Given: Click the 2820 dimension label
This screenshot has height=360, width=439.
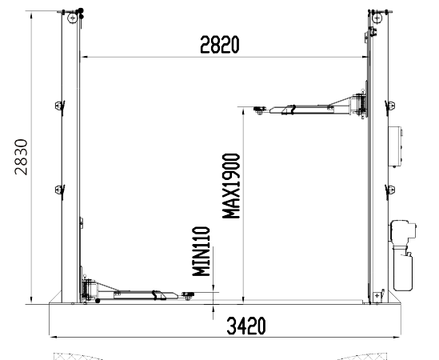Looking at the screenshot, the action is pyautogui.click(x=220, y=44).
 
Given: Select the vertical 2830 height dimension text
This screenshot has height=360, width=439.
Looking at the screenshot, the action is pyautogui.click(x=22, y=157).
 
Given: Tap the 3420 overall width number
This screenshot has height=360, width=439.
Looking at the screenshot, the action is pyautogui.click(x=245, y=326).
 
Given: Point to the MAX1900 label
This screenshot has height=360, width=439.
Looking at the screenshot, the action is pyautogui.click(x=231, y=186).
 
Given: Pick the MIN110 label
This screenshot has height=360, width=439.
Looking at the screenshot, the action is pyautogui.click(x=201, y=251).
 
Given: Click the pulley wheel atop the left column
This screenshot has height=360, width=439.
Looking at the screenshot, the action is pyautogui.click(x=73, y=18).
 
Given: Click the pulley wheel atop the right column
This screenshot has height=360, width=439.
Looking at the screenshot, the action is pyautogui.click(x=377, y=18).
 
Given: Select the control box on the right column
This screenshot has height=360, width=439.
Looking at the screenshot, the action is pyautogui.click(x=395, y=147).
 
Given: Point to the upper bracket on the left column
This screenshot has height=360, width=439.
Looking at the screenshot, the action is pyautogui.click(x=60, y=106).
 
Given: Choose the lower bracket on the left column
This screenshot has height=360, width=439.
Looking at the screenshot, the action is pyautogui.click(x=60, y=190).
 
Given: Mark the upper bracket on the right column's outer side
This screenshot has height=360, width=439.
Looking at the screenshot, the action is pyautogui.click(x=390, y=106).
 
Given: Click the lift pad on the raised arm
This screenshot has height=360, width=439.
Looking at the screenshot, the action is pyautogui.click(x=260, y=110).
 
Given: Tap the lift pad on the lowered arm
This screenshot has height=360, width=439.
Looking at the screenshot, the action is pyautogui.click(x=188, y=295).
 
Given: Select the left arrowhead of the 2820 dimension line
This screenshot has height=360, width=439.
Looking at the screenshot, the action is pyautogui.click(x=83, y=57).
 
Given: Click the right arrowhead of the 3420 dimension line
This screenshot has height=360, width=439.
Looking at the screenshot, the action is pyautogui.click(x=397, y=337).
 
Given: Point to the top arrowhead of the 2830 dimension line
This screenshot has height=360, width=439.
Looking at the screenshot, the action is pyautogui.click(x=31, y=14).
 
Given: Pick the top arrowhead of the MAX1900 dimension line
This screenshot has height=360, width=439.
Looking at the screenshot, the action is pyautogui.click(x=244, y=111).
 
